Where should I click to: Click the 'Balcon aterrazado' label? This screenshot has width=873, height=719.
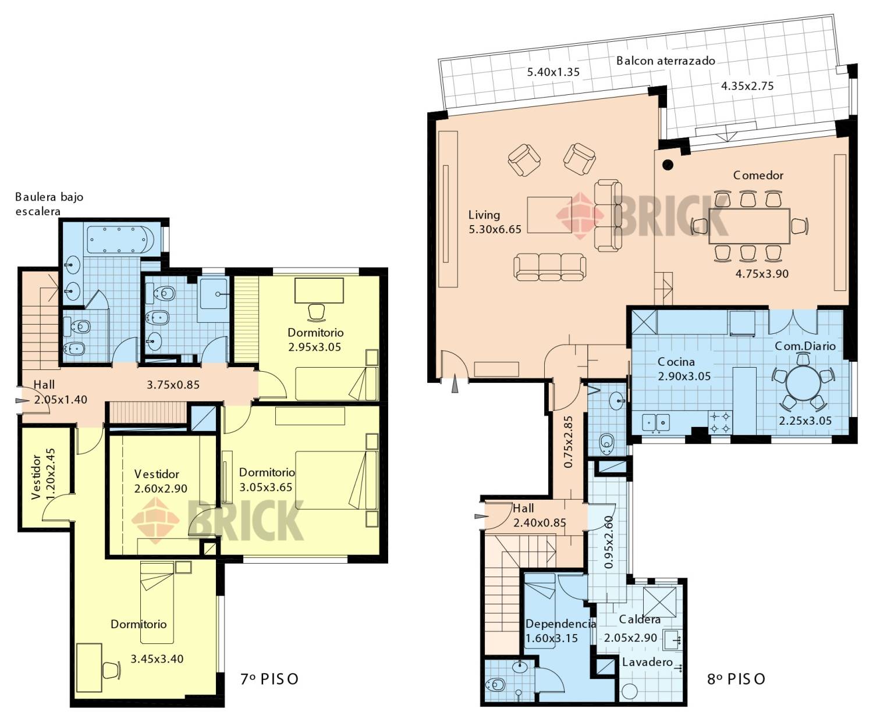pos(666,61)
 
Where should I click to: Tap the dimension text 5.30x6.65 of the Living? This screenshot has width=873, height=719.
pos(495,230)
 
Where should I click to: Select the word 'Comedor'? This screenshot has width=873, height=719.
pos(758,175)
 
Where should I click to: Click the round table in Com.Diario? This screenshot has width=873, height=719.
pos(803,383)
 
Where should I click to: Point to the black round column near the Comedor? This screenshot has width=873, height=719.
pos(668,165)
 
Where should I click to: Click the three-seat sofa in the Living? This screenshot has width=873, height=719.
pos(550,266)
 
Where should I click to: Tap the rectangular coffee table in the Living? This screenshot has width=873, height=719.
pos(549,215)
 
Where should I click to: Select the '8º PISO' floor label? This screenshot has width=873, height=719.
pos(736,679)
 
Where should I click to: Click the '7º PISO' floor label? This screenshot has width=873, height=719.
pos(269,679)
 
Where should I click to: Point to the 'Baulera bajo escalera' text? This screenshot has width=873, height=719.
pos(49,204)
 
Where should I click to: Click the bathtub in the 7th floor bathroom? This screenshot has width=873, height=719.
pos(120,240)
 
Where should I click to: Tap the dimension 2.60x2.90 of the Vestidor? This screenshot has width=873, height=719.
pos(161,489)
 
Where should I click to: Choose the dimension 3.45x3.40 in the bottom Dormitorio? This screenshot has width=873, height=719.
pos(157,659)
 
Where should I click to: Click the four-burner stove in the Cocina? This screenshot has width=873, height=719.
pos(720,423)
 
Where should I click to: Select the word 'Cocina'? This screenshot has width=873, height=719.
pos(676,362)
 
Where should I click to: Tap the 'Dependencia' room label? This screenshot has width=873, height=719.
pos(560,624)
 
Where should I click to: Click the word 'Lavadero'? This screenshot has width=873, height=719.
pos(647,662)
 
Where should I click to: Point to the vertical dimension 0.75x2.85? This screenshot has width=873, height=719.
pos(568,442)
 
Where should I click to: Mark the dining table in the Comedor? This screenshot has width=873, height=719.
pos(749,226)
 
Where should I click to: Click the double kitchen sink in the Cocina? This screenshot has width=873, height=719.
pos(655,423)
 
